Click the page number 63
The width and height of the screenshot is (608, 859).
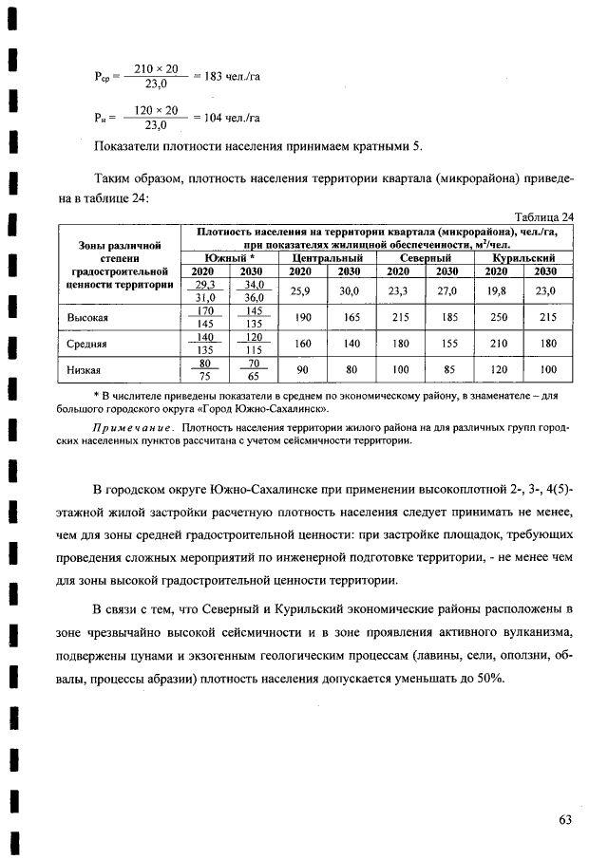pos(565,820)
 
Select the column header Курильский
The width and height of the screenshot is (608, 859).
pos(522,257)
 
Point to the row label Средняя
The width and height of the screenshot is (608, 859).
pos(87,344)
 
